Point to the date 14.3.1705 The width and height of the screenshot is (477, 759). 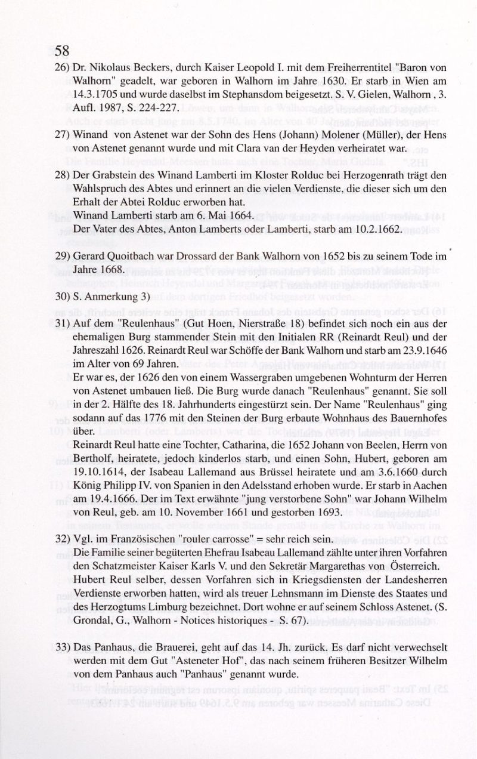(x=96, y=94)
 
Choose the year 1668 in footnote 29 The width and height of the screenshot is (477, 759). (x=111, y=270)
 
